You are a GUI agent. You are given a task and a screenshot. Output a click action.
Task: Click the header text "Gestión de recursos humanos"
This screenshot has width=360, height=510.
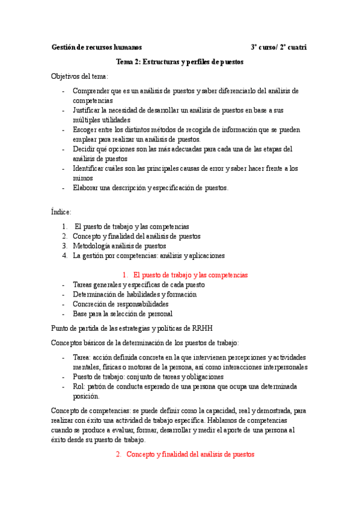(x=97, y=47)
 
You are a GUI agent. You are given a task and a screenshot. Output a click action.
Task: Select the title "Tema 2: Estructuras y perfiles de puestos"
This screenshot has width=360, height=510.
(x=180, y=62)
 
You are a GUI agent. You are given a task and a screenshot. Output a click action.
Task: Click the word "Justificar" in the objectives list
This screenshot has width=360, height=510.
(x=87, y=111)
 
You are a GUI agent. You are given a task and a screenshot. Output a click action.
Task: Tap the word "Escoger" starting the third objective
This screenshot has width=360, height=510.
(x=85, y=130)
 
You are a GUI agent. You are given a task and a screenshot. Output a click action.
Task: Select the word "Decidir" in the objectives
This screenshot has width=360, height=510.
(x=85, y=149)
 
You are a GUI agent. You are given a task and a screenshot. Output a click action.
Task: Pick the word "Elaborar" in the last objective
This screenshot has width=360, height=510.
(x=87, y=188)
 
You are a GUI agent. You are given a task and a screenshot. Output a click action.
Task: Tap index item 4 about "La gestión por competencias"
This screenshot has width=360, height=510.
(x=148, y=255)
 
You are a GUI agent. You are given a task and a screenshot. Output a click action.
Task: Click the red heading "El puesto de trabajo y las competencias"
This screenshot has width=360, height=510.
(x=191, y=274)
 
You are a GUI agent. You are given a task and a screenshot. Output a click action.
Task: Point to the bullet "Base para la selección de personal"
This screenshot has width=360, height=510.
(x=123, y=313)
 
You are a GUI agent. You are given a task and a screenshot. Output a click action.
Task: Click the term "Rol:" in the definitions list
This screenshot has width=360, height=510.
(x=79, y=386)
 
